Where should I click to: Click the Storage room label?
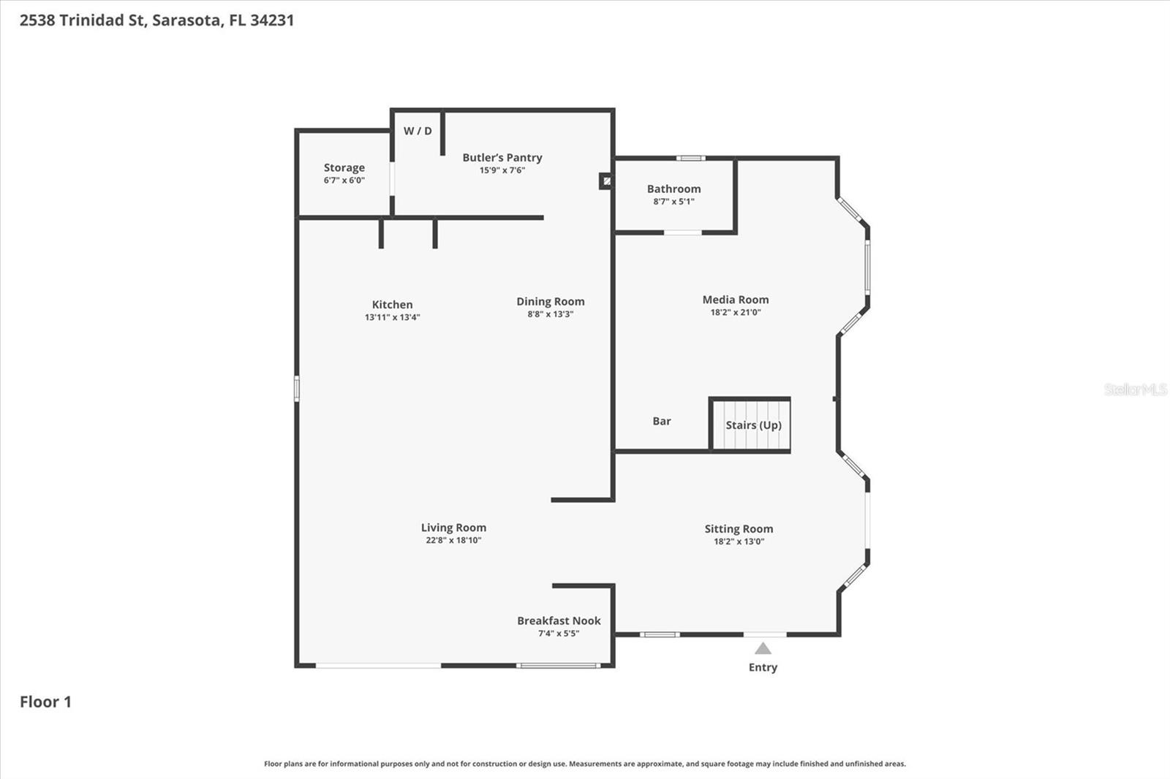point(344,168)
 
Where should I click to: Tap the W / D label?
point(418,132)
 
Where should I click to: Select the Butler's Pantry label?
point(502,158)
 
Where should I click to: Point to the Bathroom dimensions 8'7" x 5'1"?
point(673,202)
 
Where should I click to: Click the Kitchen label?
point(392,305)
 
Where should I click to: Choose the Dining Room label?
point(550,302)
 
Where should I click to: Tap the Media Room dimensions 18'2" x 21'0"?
point(735,312)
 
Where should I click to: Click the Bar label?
point(661,422)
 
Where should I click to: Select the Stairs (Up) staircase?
point(752,425)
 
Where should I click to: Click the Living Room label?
point(453,528)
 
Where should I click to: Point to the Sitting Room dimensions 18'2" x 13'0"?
point(739,541)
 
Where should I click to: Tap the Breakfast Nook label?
point(559,621)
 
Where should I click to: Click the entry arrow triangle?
point(763,648)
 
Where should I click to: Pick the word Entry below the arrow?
point(763,667)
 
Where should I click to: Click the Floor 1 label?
point(45,702)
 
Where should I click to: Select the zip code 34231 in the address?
point(271,20)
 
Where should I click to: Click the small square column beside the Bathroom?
point(606,180)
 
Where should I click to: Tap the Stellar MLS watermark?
point(1135,389)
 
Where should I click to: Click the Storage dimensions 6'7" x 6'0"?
point(344,180)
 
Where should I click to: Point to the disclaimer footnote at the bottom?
point(584,764)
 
